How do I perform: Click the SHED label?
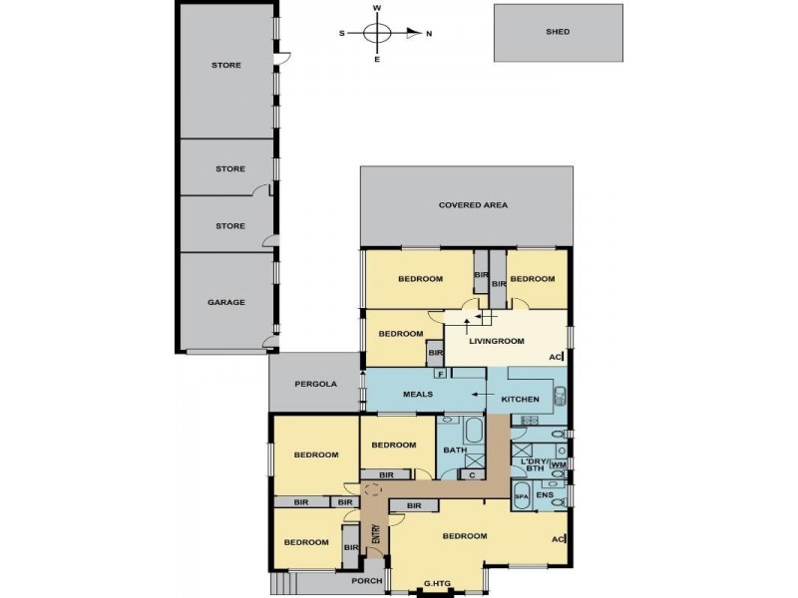tap(558, 32)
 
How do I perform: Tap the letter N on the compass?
tap(429, 33)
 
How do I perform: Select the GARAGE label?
tap(226, 302)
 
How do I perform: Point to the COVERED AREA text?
tap(473, 205)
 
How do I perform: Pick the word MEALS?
tap(417, 395)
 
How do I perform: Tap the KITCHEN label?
tap(520, 400)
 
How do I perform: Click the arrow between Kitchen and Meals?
tap(478, 396)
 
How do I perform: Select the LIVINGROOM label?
tap(497, 341)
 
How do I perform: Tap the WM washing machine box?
tap(558, 464)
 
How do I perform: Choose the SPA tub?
tap(521, 495)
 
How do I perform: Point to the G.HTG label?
tap(438, 583)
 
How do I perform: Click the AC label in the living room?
tap(556, 357)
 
